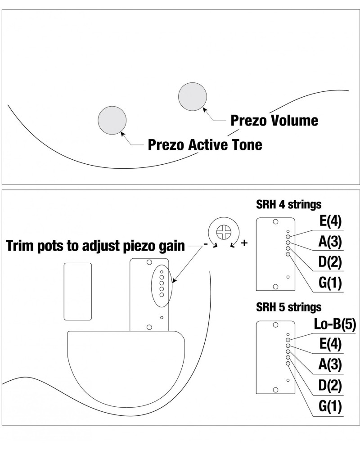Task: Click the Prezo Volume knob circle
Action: (193, 97)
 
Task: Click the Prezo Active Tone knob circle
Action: (112, 120)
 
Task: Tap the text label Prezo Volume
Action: (274, 121)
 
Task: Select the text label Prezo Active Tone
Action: (205, 145)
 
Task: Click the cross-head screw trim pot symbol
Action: (223, 233)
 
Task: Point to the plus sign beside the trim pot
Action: (244, 243)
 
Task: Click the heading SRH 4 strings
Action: (288, 204)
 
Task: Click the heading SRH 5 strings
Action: (288, 307)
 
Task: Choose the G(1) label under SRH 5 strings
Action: (330, 406)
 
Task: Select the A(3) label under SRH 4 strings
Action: (330, 242)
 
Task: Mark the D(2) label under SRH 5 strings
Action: (330, 386)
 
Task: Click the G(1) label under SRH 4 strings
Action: (330, 283)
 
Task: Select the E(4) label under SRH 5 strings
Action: (330, 345)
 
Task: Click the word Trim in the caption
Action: (20, 246)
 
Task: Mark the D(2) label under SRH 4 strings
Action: (330, 263)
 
